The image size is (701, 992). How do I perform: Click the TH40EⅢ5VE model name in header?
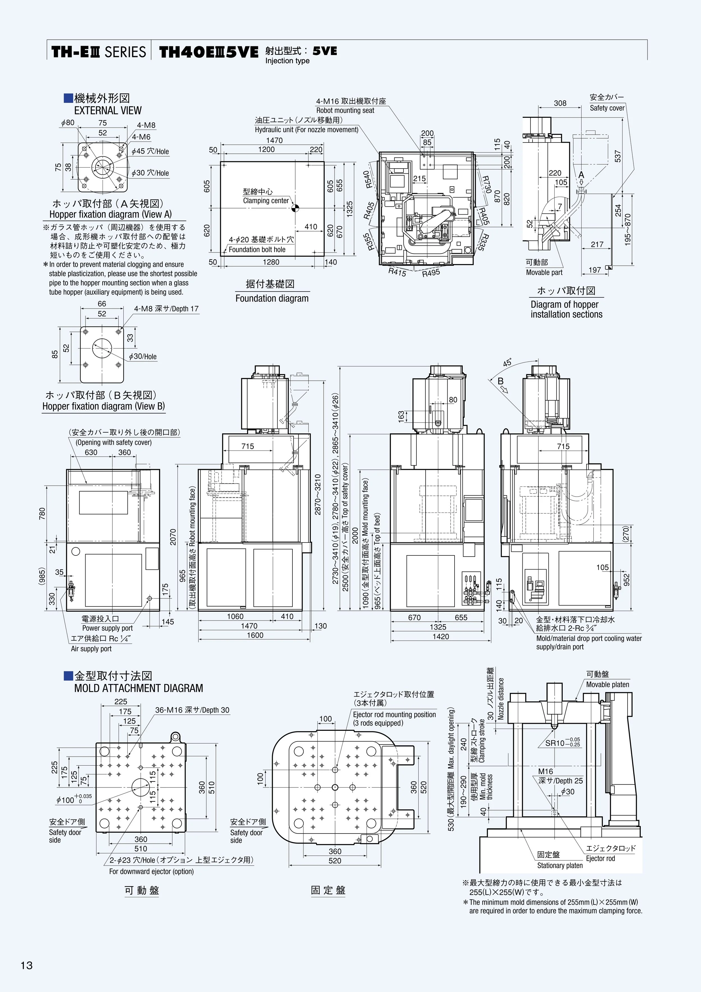point(209,52)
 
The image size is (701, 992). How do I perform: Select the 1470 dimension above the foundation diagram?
point(274,141)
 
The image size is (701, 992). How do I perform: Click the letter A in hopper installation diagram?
point(581,175)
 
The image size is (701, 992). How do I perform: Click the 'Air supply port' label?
point(91,649)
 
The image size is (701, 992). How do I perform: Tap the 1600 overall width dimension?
point(255,635)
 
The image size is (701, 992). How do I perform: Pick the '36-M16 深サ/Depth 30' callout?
point(192,710)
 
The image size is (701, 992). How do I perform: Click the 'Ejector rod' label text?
point(600,858)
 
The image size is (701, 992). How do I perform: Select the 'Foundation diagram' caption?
point(272,298)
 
